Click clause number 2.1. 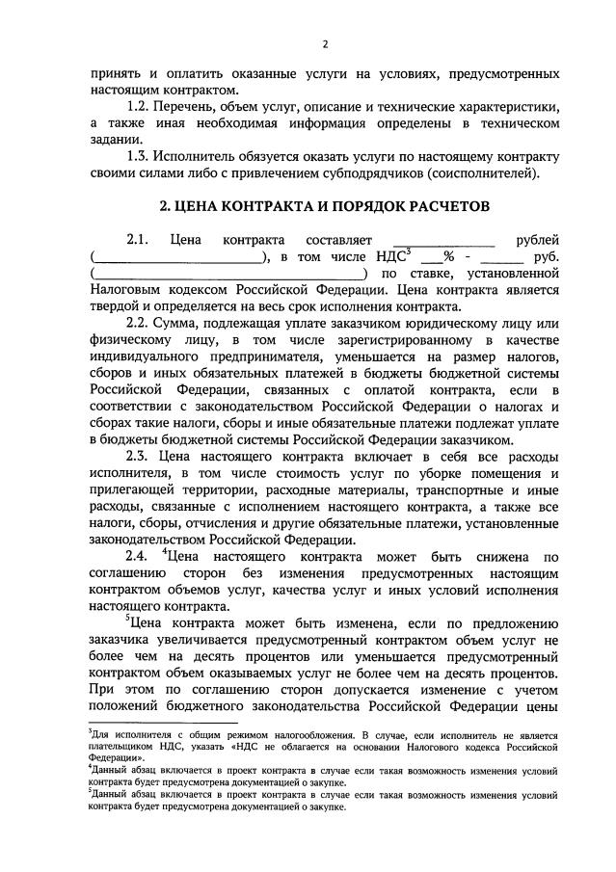[140, 239]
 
